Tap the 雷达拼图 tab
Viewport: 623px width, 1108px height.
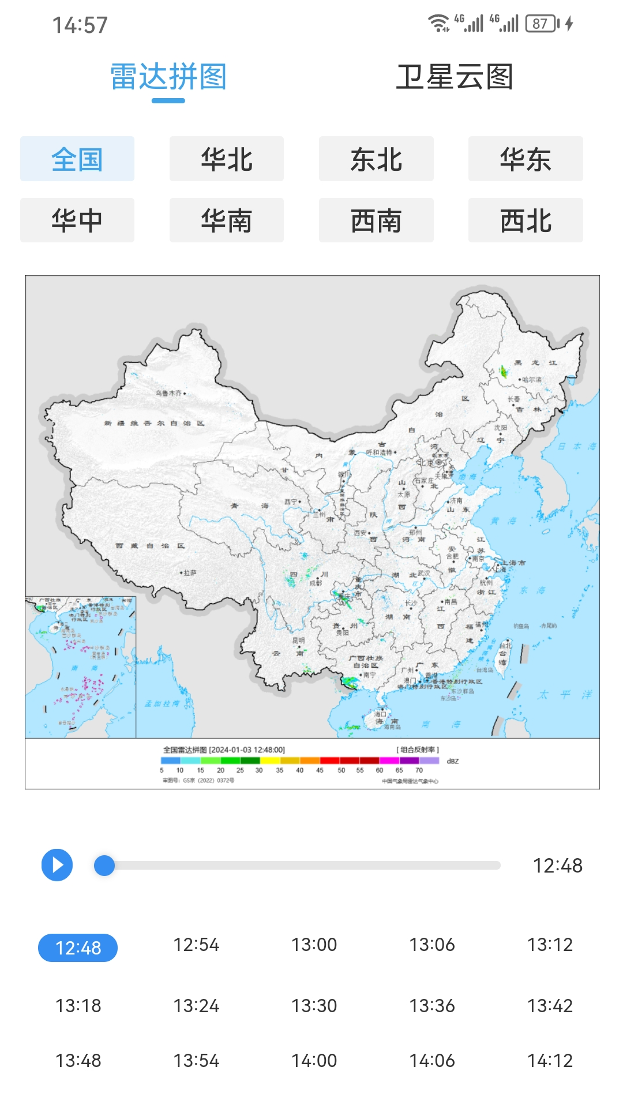168,77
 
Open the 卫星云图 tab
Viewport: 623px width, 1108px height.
455,77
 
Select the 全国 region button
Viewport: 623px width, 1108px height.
77,159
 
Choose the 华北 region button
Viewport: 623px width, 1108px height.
227,159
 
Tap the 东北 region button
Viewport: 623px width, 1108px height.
376,159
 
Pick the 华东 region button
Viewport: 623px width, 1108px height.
526,159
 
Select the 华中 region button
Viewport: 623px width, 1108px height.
77,220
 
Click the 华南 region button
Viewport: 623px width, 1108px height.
227,220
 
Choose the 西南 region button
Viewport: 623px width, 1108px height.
376,220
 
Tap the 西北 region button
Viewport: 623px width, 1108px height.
526,220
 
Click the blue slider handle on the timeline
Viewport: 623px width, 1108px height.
104,865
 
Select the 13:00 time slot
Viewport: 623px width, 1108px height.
314,945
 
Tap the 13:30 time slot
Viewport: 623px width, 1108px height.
314,1006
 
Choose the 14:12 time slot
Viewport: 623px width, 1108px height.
550,1061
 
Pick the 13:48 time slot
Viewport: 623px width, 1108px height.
78,1061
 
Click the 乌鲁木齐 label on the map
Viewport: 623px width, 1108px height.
169,393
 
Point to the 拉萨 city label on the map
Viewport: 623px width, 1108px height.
189,573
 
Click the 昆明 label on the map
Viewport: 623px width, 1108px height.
298,641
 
